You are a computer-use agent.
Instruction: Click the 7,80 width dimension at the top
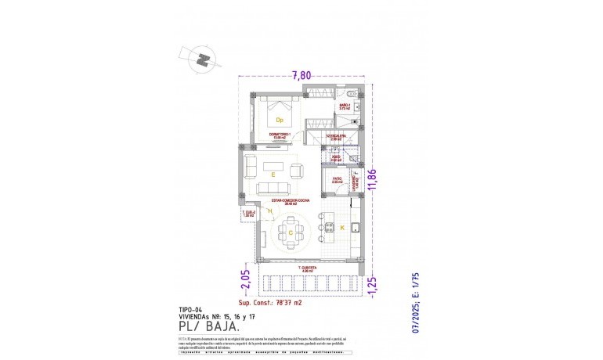tap(301, 76)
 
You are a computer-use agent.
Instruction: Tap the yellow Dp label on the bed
tap(278, 120)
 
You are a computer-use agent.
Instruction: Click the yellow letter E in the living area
tap(273, 175)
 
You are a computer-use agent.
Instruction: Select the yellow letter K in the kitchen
tap(341, 227)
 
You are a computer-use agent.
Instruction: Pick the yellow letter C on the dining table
tap(291, 232)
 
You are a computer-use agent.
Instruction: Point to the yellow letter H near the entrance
tap(269, 211)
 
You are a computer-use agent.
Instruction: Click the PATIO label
tap(336, 179)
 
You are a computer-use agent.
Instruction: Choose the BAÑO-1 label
tap(344, 105)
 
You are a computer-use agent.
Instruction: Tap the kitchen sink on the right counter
tap(356, 229)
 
